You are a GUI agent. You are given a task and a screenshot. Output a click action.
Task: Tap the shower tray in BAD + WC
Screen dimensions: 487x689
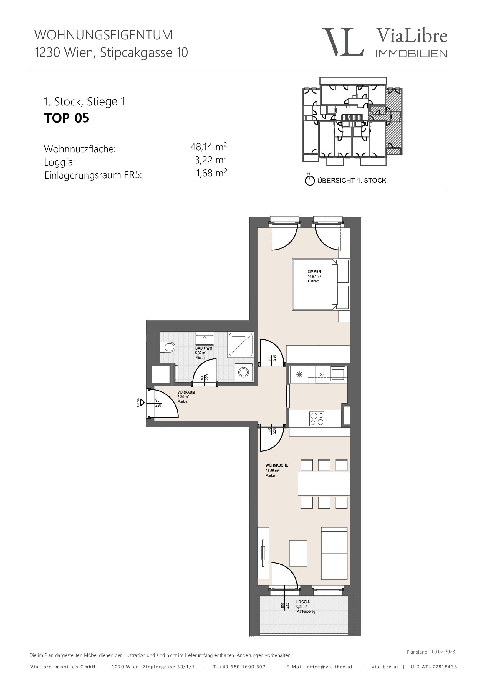(240, 345)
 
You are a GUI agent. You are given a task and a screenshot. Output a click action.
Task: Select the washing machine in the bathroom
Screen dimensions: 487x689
(244, 372)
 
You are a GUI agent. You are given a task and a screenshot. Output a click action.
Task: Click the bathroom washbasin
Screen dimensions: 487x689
(205, 338)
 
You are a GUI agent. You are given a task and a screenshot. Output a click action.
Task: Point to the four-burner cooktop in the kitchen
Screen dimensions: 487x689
(317, 419)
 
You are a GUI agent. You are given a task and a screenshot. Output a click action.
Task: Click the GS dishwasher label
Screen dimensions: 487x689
(322, 374)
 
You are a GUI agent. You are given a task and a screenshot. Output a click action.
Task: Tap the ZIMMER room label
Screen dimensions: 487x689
(314, 272)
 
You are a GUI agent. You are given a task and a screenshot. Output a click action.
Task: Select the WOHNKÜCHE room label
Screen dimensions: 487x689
(277, 465)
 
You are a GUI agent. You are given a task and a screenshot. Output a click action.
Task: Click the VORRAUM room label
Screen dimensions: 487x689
(186, 392)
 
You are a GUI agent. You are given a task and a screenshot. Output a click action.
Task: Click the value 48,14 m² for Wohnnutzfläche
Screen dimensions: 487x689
(208, 147)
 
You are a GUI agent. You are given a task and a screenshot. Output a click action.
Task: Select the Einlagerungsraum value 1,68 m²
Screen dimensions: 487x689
(211, 173)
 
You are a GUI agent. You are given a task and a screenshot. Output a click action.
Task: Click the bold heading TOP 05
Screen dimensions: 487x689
(67, 118)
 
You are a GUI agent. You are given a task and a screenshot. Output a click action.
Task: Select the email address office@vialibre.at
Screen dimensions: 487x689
(329, 667)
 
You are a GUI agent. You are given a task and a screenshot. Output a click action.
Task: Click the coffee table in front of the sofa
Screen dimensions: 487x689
(298, 553)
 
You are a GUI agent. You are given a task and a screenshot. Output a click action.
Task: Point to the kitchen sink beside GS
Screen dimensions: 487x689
(338, 374)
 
